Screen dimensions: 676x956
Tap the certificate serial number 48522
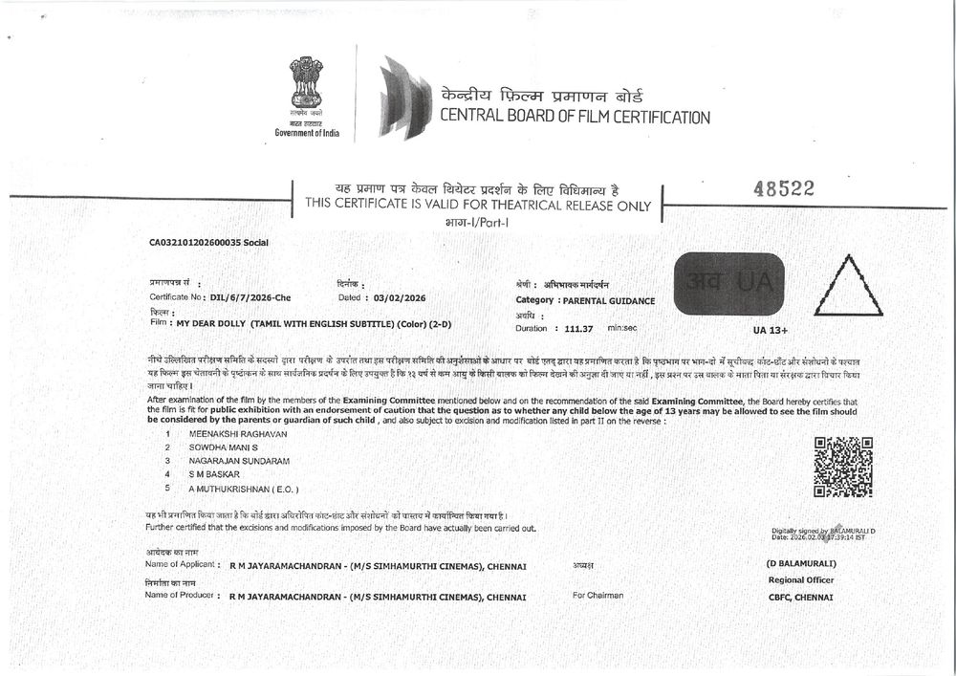tap(783, 189)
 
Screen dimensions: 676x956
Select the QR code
tap(842, 467)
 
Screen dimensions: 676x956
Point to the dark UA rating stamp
tap(728, 283)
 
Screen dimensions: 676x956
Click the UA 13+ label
tap(773, 330)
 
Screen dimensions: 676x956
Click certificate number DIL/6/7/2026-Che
tap(250, 297)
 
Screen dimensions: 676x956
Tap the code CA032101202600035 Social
tap(208, 243)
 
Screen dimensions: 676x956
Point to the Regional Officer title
tap(801, 580)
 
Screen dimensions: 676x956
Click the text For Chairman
tap(597, 595)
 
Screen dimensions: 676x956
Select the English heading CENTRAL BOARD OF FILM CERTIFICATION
tap(575, 118)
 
